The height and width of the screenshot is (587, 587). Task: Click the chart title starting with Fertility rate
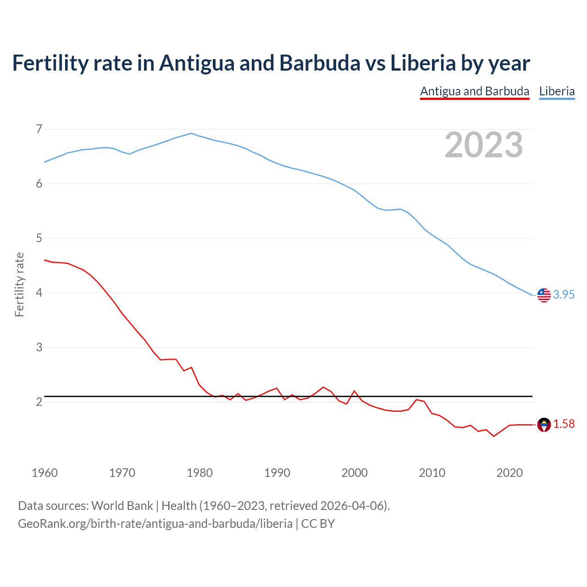point(271,63)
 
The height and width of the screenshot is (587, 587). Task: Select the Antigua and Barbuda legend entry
point(475,91)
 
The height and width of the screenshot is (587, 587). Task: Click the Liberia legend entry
point(557,91)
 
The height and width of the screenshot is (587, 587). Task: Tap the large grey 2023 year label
point(483,145)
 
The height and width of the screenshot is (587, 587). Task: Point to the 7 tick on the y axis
point(39,129)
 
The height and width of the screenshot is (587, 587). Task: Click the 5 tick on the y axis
point(39,238)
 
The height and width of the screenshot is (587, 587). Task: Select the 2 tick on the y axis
point(39,402)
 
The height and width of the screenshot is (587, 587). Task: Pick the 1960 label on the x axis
point(44,473)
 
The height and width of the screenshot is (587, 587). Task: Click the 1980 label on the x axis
point(199,473)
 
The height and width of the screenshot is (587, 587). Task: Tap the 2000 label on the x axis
point(354,473)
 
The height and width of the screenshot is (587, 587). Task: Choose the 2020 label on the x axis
point(509,473)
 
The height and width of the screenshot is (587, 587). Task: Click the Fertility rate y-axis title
point(19,284)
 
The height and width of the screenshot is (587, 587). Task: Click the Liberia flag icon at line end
point(544,295)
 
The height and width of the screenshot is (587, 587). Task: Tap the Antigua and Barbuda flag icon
point(544,425)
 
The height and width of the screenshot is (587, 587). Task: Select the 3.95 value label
point(564,295)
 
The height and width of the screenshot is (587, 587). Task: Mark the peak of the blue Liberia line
point(192,133)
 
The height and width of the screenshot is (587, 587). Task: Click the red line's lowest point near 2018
point(494,436)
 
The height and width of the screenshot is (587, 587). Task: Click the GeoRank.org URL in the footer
point(155,524)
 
